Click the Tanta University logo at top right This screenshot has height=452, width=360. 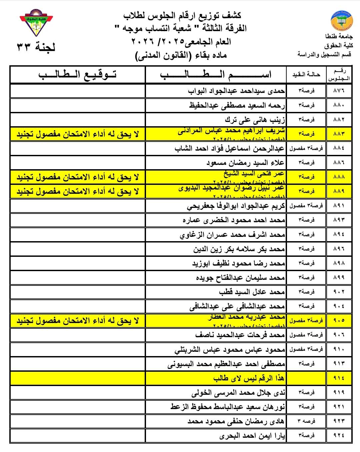click(341, 20)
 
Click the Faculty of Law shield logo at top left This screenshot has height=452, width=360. click(36, 23)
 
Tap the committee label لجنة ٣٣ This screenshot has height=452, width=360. click(36, 47)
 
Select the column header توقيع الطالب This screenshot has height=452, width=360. click(78, 74)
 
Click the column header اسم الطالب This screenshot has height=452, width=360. click(216, 74)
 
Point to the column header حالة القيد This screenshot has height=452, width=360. click(306, 74)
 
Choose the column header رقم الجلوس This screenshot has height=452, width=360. click(339, 74)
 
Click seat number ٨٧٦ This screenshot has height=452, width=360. click(339, 91)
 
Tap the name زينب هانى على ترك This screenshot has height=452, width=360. click(255, 120)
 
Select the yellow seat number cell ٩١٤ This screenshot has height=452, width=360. click(339, 378)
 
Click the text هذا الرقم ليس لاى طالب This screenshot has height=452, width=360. click(249, 378)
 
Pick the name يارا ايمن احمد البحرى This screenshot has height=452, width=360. click(252, 436)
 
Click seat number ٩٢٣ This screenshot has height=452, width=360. click(339, 421)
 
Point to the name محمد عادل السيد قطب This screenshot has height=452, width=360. click(252, 292)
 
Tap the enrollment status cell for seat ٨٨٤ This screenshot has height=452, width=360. click(306, 148)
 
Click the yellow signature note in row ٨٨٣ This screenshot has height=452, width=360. click(78, 134)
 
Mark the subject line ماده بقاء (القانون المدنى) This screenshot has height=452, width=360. click(181, 55)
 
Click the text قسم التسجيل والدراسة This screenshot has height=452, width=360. click(324, 54)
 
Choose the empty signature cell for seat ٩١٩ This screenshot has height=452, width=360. click(78, 393)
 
